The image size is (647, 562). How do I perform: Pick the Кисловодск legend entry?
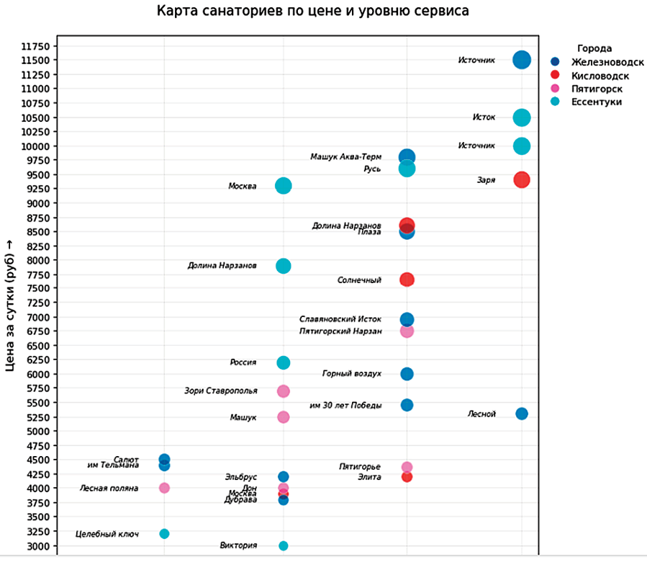(600, 76)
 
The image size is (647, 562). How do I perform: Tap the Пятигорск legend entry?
(597, 89)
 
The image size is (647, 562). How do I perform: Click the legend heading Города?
(594, 49)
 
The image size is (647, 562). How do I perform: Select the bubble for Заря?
(522, 180)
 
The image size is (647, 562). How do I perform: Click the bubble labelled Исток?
(522, 117)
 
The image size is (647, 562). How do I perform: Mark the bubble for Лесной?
(522, 414)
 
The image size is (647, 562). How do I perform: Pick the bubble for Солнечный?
(407, 280)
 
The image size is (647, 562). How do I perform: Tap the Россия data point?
(284, 362)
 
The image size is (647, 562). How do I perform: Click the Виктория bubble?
(284, 545)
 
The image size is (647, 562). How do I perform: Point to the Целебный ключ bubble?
(164, 534)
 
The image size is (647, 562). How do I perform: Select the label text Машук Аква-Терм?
(345, 157)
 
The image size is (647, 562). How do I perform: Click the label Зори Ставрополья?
(221, 391)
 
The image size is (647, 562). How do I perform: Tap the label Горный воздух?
(352, 374)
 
